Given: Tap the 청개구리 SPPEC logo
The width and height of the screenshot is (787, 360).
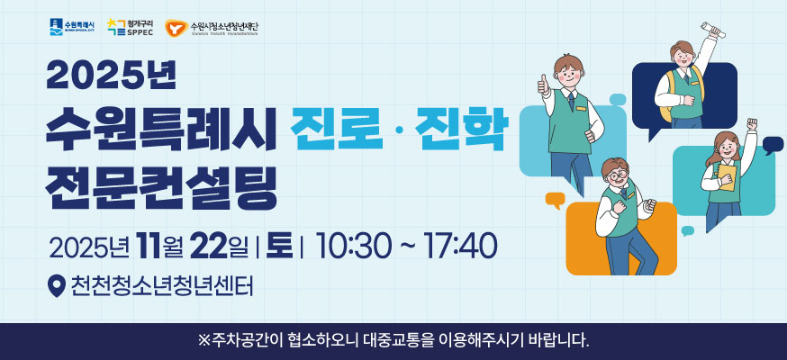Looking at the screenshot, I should tap(130, 27).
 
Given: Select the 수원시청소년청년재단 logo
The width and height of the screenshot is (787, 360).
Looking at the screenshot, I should tap(211, 27).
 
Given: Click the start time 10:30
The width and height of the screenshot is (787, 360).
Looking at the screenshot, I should tap(349, 245).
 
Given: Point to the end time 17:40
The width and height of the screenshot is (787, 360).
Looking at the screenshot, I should tap(458, 245).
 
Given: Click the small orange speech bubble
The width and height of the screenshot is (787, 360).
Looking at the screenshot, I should tap(555, 200).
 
